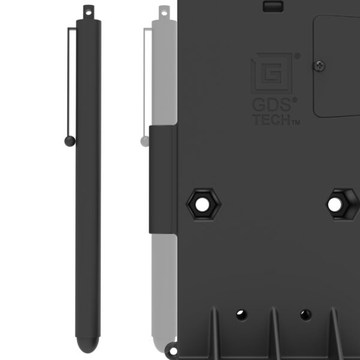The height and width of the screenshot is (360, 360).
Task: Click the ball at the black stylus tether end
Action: [70, 141]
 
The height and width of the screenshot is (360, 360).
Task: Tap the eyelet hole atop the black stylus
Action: [89, 13]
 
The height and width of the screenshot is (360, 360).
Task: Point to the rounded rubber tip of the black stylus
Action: [88, 344]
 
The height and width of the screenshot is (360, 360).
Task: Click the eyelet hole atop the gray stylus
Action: [164, 13]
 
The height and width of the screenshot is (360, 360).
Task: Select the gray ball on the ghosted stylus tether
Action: [145, 141]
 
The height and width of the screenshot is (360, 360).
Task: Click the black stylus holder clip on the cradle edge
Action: [163, 179]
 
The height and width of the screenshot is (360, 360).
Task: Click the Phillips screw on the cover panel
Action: [319, 66]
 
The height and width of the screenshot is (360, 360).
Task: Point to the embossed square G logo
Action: [272, 73]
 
